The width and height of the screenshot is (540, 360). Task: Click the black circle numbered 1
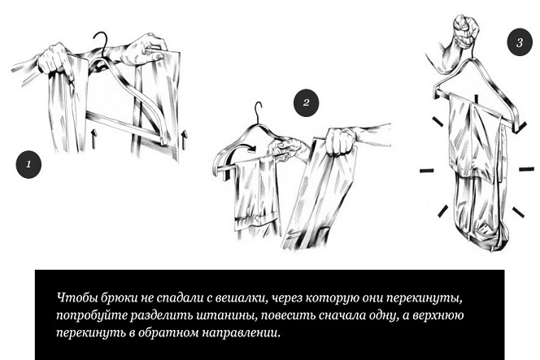click(x=28, y=164)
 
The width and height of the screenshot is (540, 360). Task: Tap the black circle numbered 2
click(x=306, y=102)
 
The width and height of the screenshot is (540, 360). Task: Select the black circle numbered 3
click(x=520, y=43)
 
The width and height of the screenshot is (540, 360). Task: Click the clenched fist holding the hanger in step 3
click(x=467, y=29)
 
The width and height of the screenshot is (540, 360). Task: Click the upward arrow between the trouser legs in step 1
click(x=94, y=138)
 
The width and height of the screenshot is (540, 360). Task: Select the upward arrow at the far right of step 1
click(x=185, y=139)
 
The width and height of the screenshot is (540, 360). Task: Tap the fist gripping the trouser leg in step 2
click(x=340, y=141)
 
